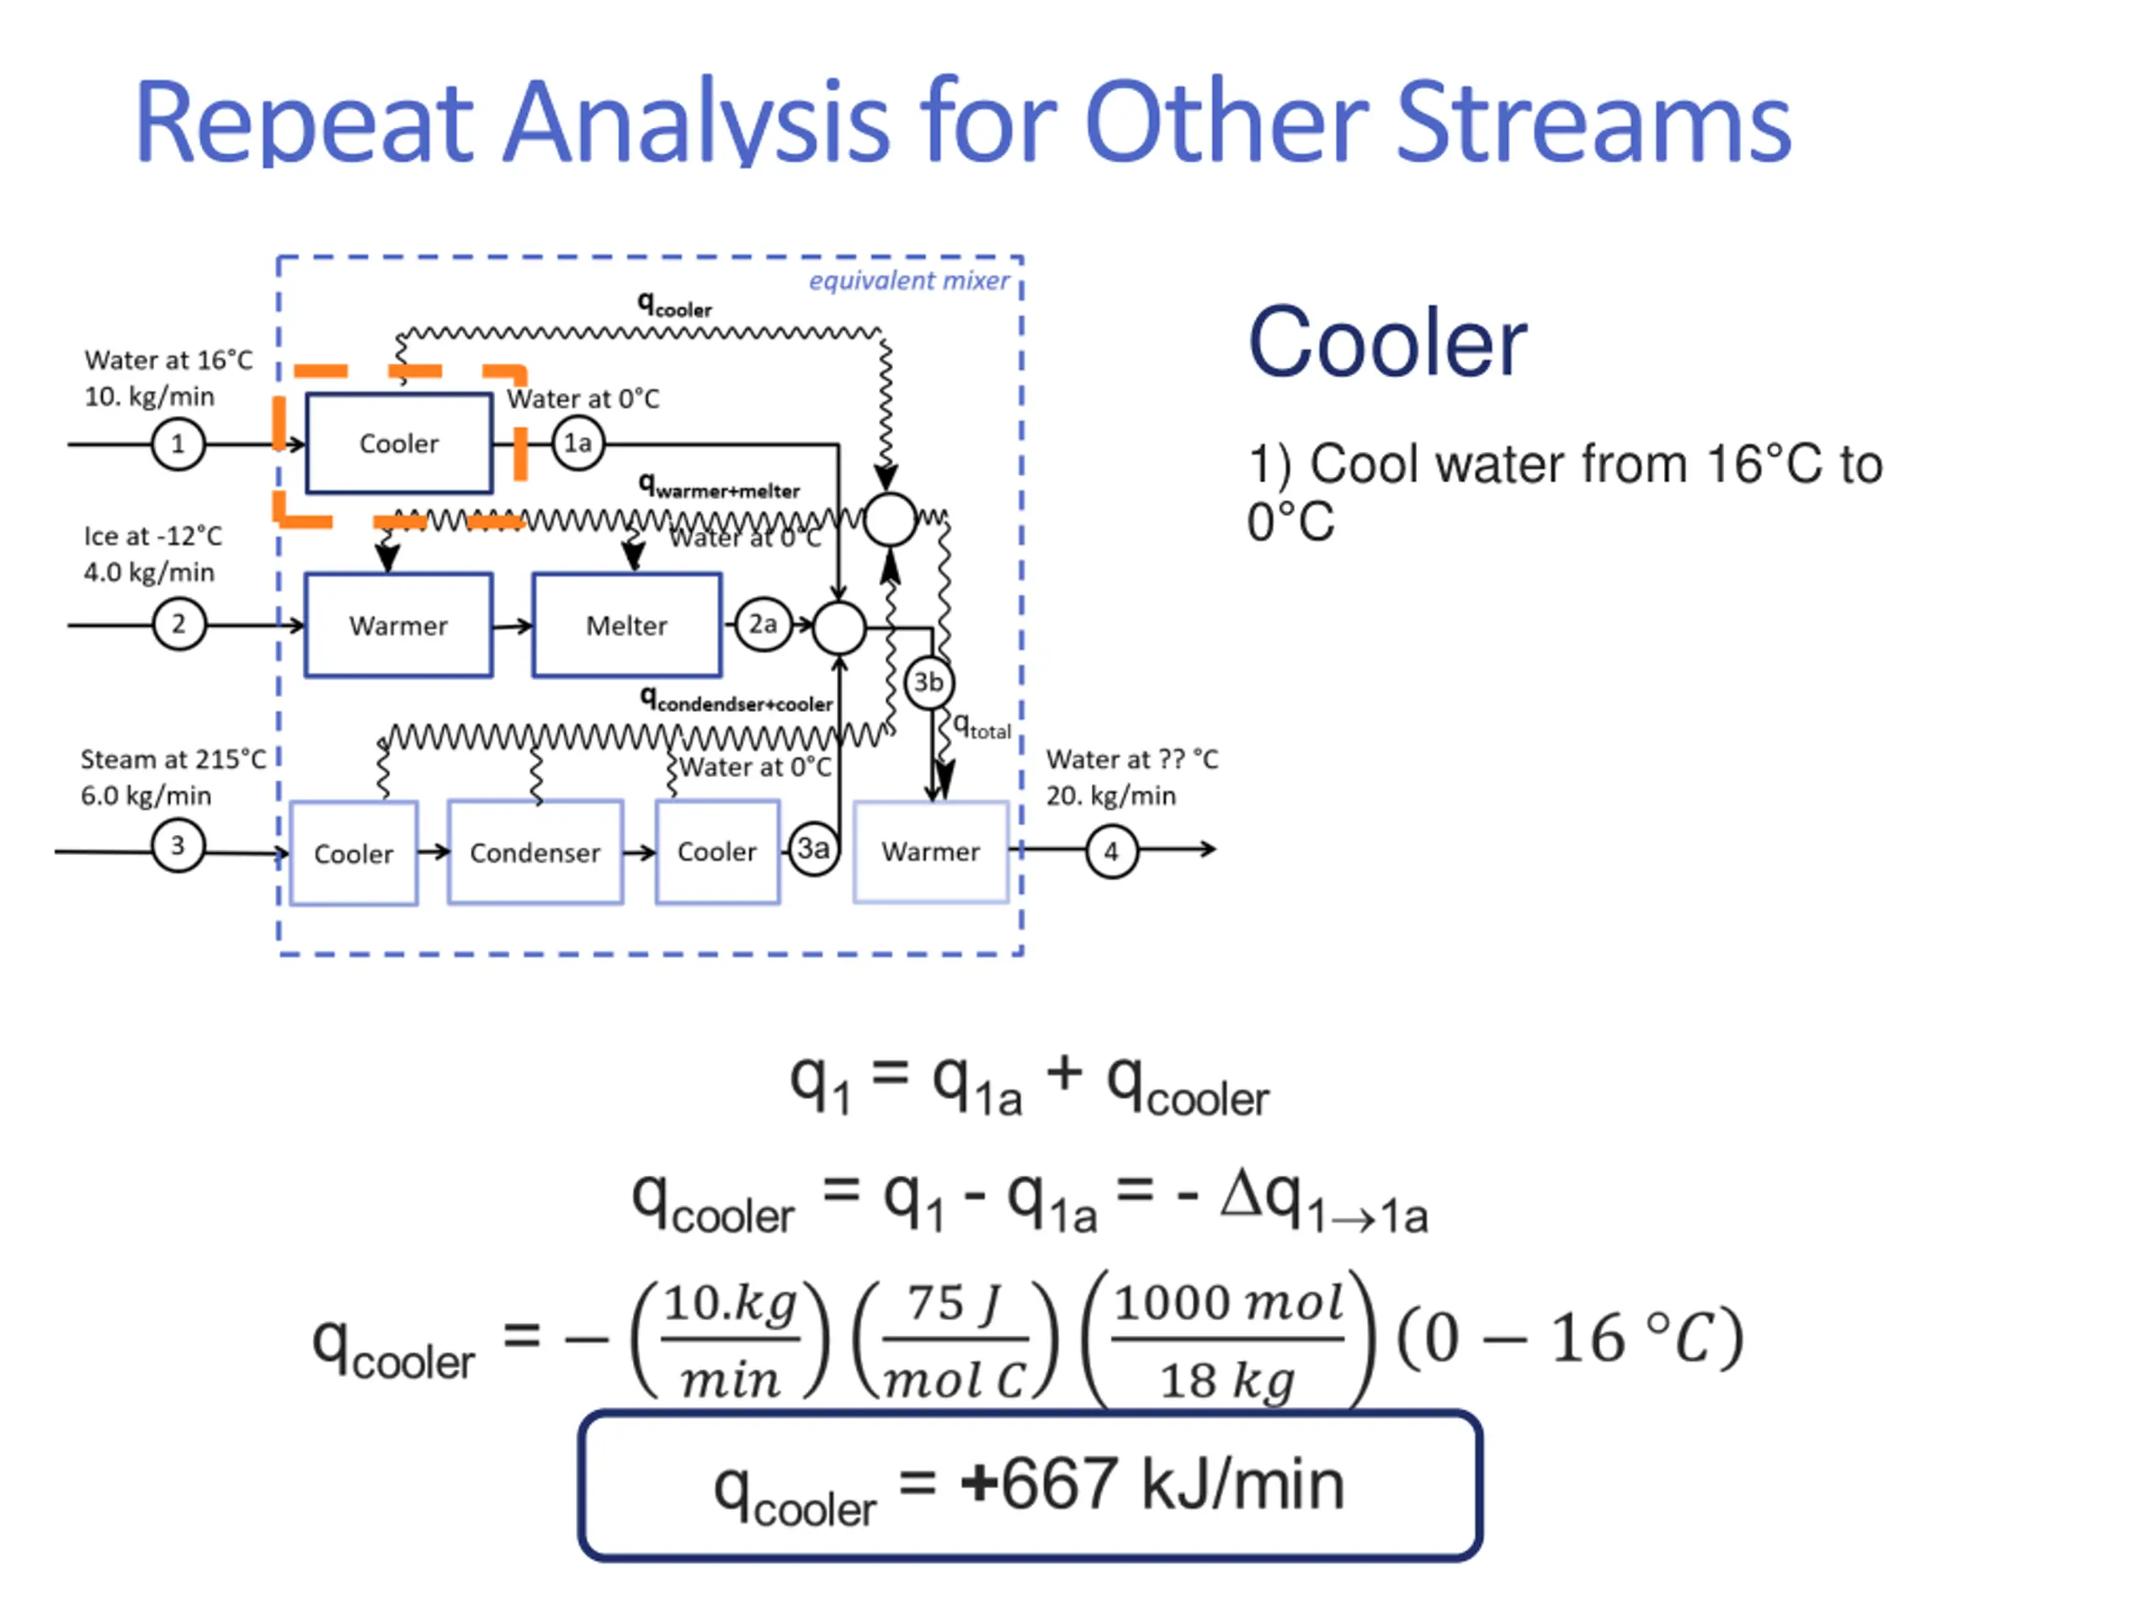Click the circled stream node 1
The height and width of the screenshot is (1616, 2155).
(178, 445)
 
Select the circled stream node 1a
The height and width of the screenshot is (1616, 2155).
(578, 444)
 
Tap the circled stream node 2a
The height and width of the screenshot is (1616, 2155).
(763, 625)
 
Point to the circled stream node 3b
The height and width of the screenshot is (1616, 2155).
(929, 683)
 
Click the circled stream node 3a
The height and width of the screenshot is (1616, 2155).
(813, 849)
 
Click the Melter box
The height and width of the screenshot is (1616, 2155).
(626, 625)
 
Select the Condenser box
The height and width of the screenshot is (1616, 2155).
(535, 853)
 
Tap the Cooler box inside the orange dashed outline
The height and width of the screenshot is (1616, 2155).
(398, 444)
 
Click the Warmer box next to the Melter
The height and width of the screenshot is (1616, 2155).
(398, 625)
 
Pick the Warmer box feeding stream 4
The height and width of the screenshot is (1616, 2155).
(930, 853)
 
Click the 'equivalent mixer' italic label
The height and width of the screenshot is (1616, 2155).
(908, 281)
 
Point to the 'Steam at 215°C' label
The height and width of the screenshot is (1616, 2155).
(173, 760)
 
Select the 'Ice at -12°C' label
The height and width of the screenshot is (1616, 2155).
(153, 537)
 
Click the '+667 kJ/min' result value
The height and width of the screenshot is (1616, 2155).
(1152, 1485)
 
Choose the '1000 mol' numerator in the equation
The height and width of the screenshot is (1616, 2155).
(1228, 1303)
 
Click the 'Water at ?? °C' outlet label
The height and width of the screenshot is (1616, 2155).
(1132, 760)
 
